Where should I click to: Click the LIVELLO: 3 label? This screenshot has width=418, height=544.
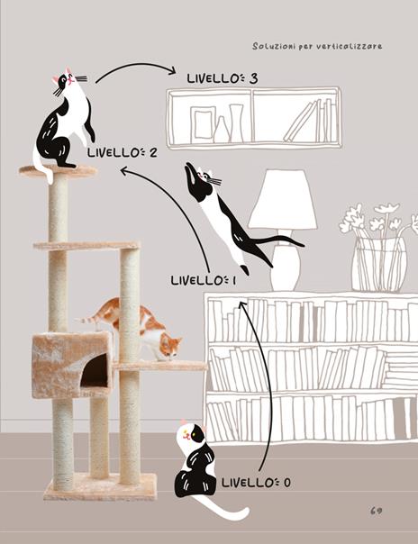pos(222,78)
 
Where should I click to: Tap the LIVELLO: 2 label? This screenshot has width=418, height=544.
pos(123,152)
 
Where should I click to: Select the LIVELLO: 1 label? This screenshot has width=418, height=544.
pos(204,280)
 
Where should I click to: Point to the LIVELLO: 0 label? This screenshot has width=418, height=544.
pos(256,483)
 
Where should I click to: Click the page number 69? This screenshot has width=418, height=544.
pos(376,511)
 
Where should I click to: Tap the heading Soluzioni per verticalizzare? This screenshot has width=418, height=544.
pos(317,47)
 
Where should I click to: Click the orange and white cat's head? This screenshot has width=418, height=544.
pos(170,347)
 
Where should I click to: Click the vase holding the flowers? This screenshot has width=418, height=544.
pos(379,264)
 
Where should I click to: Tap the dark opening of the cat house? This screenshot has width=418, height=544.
pos(95,370)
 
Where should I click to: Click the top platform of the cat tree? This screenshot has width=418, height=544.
pos(59,171)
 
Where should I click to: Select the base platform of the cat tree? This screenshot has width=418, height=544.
pos(100,486)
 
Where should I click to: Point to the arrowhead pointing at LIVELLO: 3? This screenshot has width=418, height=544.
pos(172,71)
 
